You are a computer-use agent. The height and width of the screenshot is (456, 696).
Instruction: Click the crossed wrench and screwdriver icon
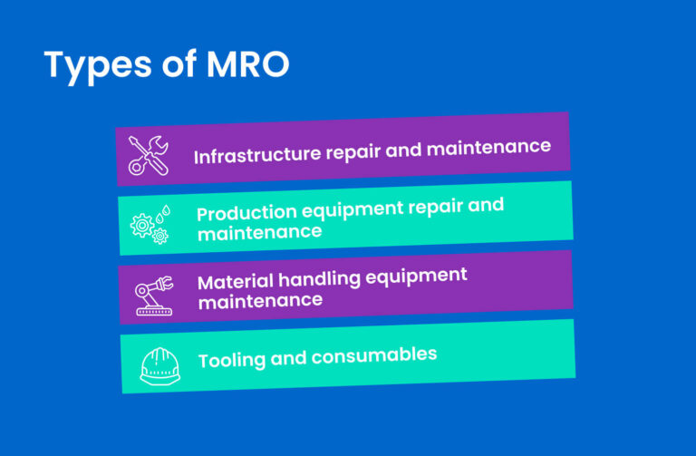148,155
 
